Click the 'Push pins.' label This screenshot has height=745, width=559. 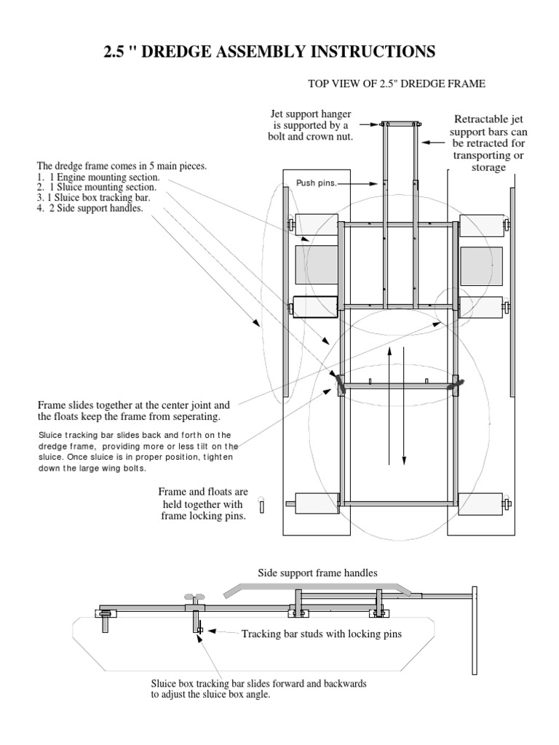pyautogui.click(x=316, y=183)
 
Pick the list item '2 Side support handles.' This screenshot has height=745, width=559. pyautogui.click(x=93, y=208)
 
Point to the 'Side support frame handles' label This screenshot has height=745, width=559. pyautogui.click(x=318, y=573)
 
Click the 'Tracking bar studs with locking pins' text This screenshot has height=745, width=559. pyautogui.click(x=322, y=634)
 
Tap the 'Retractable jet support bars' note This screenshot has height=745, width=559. pyautogui.click(x=488, y=144)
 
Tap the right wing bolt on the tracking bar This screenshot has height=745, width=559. pyautogui.click(x=457, y=384)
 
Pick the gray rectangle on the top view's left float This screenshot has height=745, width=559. pyautogui.click(x=316, y=264)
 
